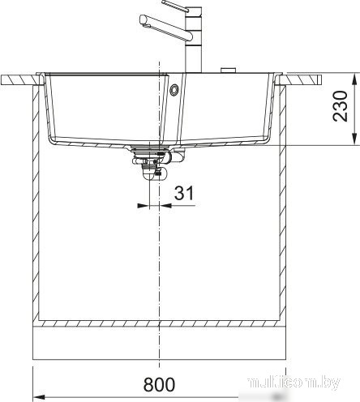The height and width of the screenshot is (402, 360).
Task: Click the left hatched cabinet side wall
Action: tap(35, 203)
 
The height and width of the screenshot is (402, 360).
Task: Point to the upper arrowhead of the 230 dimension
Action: tap(354, 79)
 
